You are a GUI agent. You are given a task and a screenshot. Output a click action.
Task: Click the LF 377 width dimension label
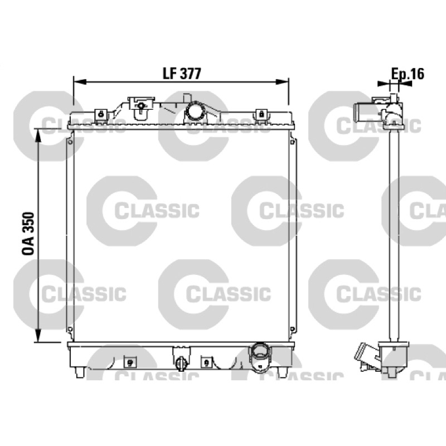coord(182,74)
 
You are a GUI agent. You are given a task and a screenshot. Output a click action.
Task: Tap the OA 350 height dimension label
coord(28,233)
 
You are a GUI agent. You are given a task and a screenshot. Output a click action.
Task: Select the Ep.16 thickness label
coord(408,74)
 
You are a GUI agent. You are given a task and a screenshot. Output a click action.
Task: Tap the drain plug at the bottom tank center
coord(181,363)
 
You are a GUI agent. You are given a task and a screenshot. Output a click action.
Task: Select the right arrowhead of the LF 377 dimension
coord(283,82)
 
